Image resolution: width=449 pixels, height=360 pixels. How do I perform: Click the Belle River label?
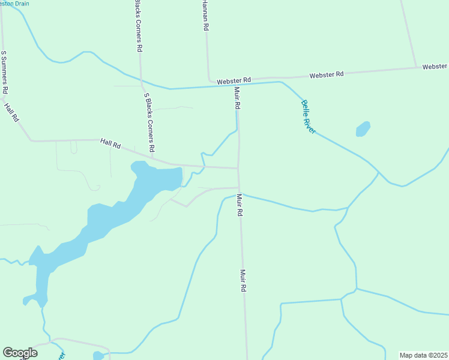tap(308, 116)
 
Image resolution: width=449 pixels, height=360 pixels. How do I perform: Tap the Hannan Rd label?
tap(205, 16)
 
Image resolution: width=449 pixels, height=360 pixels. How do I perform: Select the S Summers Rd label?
tap(4, 71)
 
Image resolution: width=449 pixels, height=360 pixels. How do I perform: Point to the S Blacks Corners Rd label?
tap(149, 122)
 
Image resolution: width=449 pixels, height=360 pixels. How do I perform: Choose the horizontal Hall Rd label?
tap(111, 144)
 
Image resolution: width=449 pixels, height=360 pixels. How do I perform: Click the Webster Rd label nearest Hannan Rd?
tap(234, 80)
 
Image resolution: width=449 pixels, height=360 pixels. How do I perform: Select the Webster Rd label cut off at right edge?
tap(435, 66)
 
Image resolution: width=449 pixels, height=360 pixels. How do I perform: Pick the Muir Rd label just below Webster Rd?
tap(238, 98)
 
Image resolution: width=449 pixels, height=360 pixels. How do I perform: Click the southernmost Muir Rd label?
tap(244, 280)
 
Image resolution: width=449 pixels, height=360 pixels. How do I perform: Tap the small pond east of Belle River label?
tap(363, 129)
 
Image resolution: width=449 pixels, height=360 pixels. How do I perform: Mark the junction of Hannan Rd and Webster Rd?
tap(209, 80)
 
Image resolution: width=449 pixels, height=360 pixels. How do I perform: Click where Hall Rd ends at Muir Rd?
tap(238, 168)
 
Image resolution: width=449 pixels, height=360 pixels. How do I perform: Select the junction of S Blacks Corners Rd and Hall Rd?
tap(152, 159)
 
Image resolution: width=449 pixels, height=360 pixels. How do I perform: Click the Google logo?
tap(20, 353)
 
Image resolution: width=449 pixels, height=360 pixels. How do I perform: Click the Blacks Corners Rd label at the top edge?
tap(139, 25)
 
